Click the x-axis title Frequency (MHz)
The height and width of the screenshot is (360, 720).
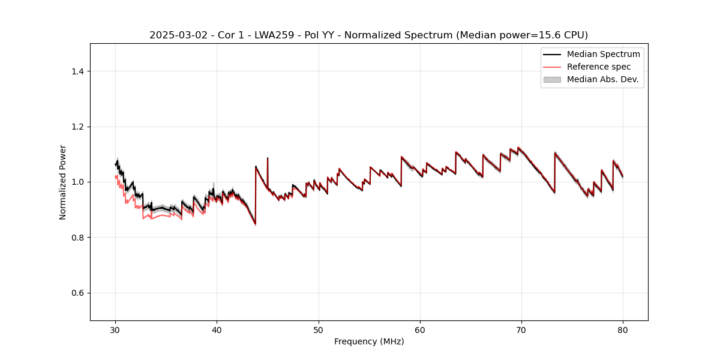pos(369,341)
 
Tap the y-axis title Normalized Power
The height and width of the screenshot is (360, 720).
pos(63,182)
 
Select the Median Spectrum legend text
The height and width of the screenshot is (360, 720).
pos(603,54)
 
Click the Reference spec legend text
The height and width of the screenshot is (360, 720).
pos(598,67)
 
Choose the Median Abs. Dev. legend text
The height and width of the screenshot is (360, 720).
pos(602,79)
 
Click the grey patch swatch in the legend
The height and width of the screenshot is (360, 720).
pos(552,79)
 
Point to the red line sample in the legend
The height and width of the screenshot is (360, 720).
pos(552,67)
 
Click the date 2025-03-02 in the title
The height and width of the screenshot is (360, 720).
pos(173,35)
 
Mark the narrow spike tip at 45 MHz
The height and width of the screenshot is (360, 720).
pos(268,158)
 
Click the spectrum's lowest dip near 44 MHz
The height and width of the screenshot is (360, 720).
pos(255,224)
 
